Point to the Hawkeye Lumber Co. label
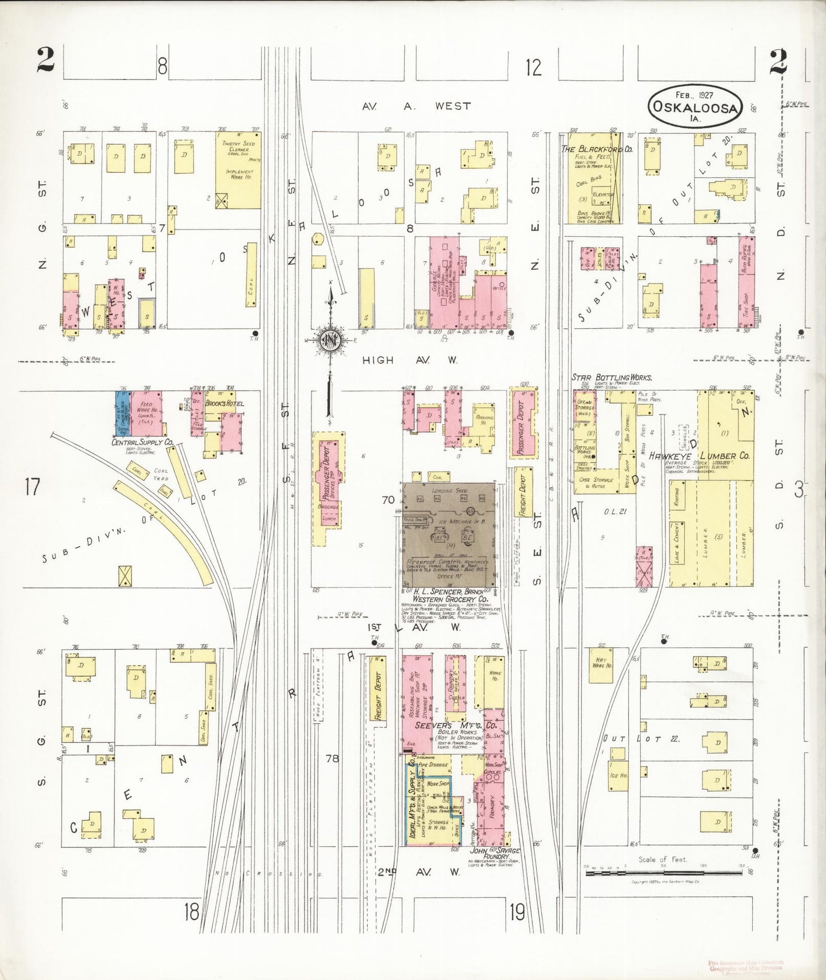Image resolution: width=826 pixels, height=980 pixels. click(x=707, y=456)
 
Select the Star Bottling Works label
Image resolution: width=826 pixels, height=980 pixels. click(x=612, y=378)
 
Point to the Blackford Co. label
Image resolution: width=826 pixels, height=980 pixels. click(x=596, y=149)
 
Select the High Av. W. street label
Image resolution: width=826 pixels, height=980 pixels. click(x=410, y=360)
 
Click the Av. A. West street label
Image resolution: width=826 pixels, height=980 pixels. click(x=416, y=106)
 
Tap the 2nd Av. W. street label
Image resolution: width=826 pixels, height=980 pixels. click(x=419, y=872)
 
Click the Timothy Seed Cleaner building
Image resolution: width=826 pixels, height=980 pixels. click(x=238, y=170)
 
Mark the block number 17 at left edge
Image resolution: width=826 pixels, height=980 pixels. click(x=33, y=487)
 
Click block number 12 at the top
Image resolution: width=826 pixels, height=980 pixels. click(x=533, y=67)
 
